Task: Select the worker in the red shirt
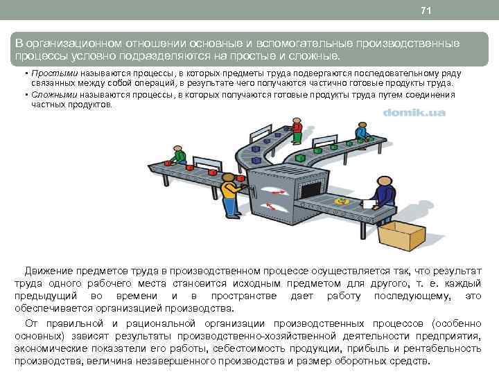[x=297, y=132]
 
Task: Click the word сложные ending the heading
[x=315, y=55]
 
